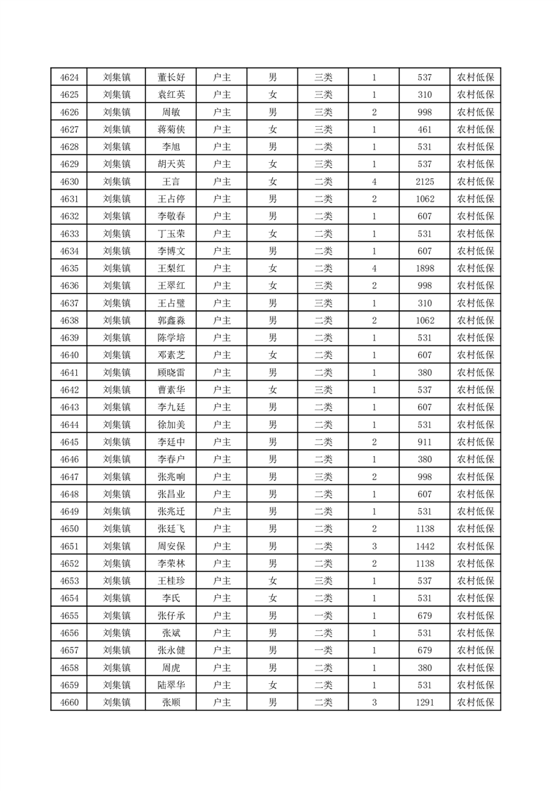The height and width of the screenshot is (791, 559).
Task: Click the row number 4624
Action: click(x=69, y=78)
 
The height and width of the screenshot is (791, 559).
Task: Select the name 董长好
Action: click(x=171, y=78)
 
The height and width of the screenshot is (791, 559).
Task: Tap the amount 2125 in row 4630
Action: click(x=425, y=182)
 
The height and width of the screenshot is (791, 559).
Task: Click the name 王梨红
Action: click(x=171, y=269)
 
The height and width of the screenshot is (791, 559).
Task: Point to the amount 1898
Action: click(x=425, y=269)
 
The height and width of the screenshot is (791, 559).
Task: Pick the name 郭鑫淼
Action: click(x=171, y=321)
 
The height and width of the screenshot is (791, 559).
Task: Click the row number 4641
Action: click(x=69, y=373)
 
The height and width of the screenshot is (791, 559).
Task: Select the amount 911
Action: click(x=425, y=442)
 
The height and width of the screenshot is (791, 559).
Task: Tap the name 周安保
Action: click(x=171, y=546)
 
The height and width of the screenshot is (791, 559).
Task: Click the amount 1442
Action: click(x=425, y=546)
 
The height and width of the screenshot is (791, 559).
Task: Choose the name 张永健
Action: click(x=171, y=650)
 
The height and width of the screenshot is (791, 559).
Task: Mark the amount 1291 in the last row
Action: click(x=425, y=702)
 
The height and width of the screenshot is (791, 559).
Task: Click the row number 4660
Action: click(x=69, y=702)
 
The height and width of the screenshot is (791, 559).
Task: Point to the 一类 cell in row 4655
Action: click(x=324, y=615)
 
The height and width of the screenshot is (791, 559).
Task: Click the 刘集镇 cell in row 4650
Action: click(x=116, y=529)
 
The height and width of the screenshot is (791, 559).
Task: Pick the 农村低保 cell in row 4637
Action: click(x=475, y=303)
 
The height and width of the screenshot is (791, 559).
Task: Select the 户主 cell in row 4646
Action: click(x=222, y=460)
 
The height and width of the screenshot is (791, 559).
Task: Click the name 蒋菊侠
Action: click(x=171, y=130)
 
